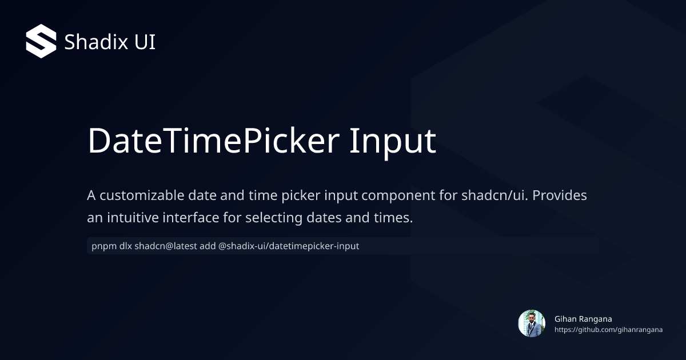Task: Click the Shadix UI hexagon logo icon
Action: pos(41,41)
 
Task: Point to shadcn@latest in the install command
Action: pos(163,246)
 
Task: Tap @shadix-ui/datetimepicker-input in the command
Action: pos(289,246)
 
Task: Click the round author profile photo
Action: pos(532,323)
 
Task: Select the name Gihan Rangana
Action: pos(583,319)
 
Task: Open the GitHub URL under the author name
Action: pos(608,330)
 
